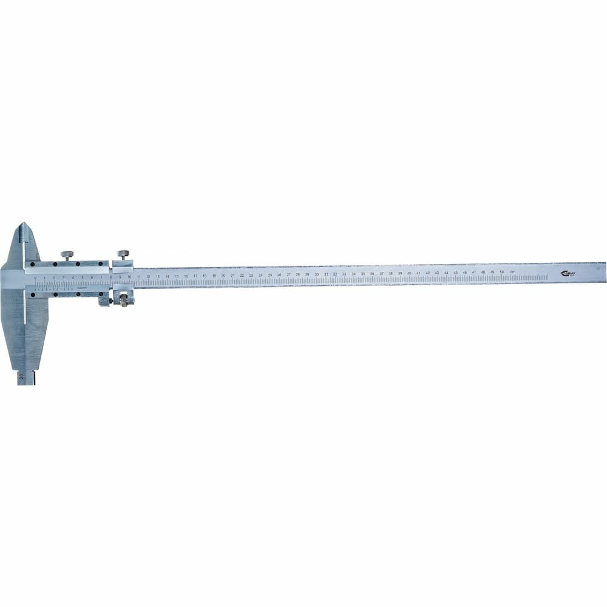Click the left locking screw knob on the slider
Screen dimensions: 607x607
66,254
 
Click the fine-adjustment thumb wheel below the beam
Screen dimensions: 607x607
125,300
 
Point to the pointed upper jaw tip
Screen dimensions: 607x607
24,225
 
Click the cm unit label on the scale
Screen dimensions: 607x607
513,271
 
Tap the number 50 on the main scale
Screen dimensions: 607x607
501,272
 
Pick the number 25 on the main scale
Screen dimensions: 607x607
270,274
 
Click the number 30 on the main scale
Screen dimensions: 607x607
316,274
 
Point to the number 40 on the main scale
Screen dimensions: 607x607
409,273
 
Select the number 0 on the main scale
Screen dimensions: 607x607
36,277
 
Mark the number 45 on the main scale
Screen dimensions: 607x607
455,273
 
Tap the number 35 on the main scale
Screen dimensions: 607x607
363,273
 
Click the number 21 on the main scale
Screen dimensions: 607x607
232,275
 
